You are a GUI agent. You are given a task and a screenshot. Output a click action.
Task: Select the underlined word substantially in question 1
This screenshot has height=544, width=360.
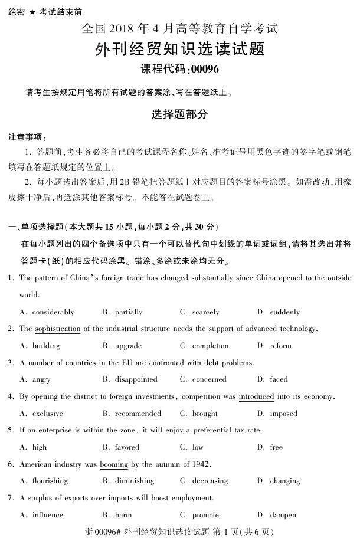pyautogui.click(x=212, y=278)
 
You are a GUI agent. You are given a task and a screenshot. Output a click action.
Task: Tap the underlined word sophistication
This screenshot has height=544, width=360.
pyautogui.click(x=57, y=329)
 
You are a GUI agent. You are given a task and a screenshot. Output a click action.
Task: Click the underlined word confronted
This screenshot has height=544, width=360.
pyautogui.click(x=166, y=363)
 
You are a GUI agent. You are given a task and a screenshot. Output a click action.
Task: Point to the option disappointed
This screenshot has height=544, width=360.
pyautogui.click(x=136, y=379)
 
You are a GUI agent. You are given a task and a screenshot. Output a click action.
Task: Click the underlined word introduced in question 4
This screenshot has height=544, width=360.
pyautogui.click(x=256, y=396)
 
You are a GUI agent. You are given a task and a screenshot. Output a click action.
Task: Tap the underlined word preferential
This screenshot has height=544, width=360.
pyautogui.click(x=212, y=431)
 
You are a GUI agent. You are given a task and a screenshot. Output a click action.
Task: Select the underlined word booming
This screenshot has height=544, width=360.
pyautogui.click(x=114, y=464)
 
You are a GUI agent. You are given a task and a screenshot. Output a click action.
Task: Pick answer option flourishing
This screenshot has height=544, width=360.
pyautogui.click(x=50, y=481)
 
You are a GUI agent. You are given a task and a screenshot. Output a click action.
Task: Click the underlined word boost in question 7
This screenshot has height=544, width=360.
pyautogui.click(x=159, y=498)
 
